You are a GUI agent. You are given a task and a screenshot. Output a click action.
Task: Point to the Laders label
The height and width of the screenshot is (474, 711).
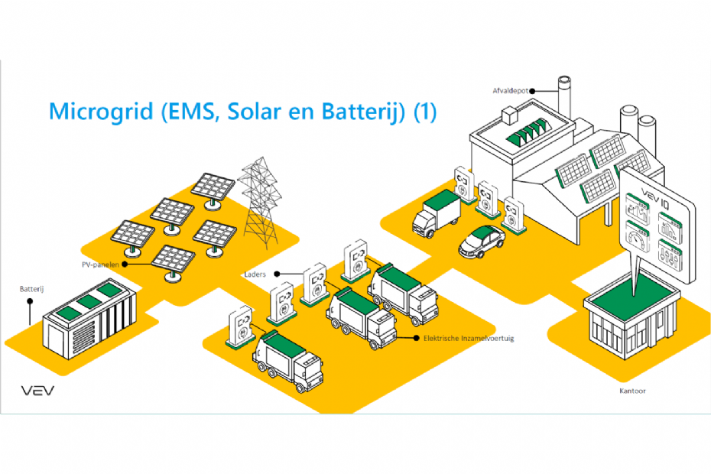pos(255,272)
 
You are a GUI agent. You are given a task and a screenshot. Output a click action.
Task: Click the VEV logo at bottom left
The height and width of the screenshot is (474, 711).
pos(37,391)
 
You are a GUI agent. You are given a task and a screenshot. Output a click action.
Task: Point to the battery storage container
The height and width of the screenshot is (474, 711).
pos(90,320)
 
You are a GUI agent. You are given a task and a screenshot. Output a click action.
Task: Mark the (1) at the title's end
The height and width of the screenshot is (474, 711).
pos(424,112)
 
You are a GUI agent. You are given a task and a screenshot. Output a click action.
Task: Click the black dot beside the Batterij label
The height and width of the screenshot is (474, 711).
pos(30,301)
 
